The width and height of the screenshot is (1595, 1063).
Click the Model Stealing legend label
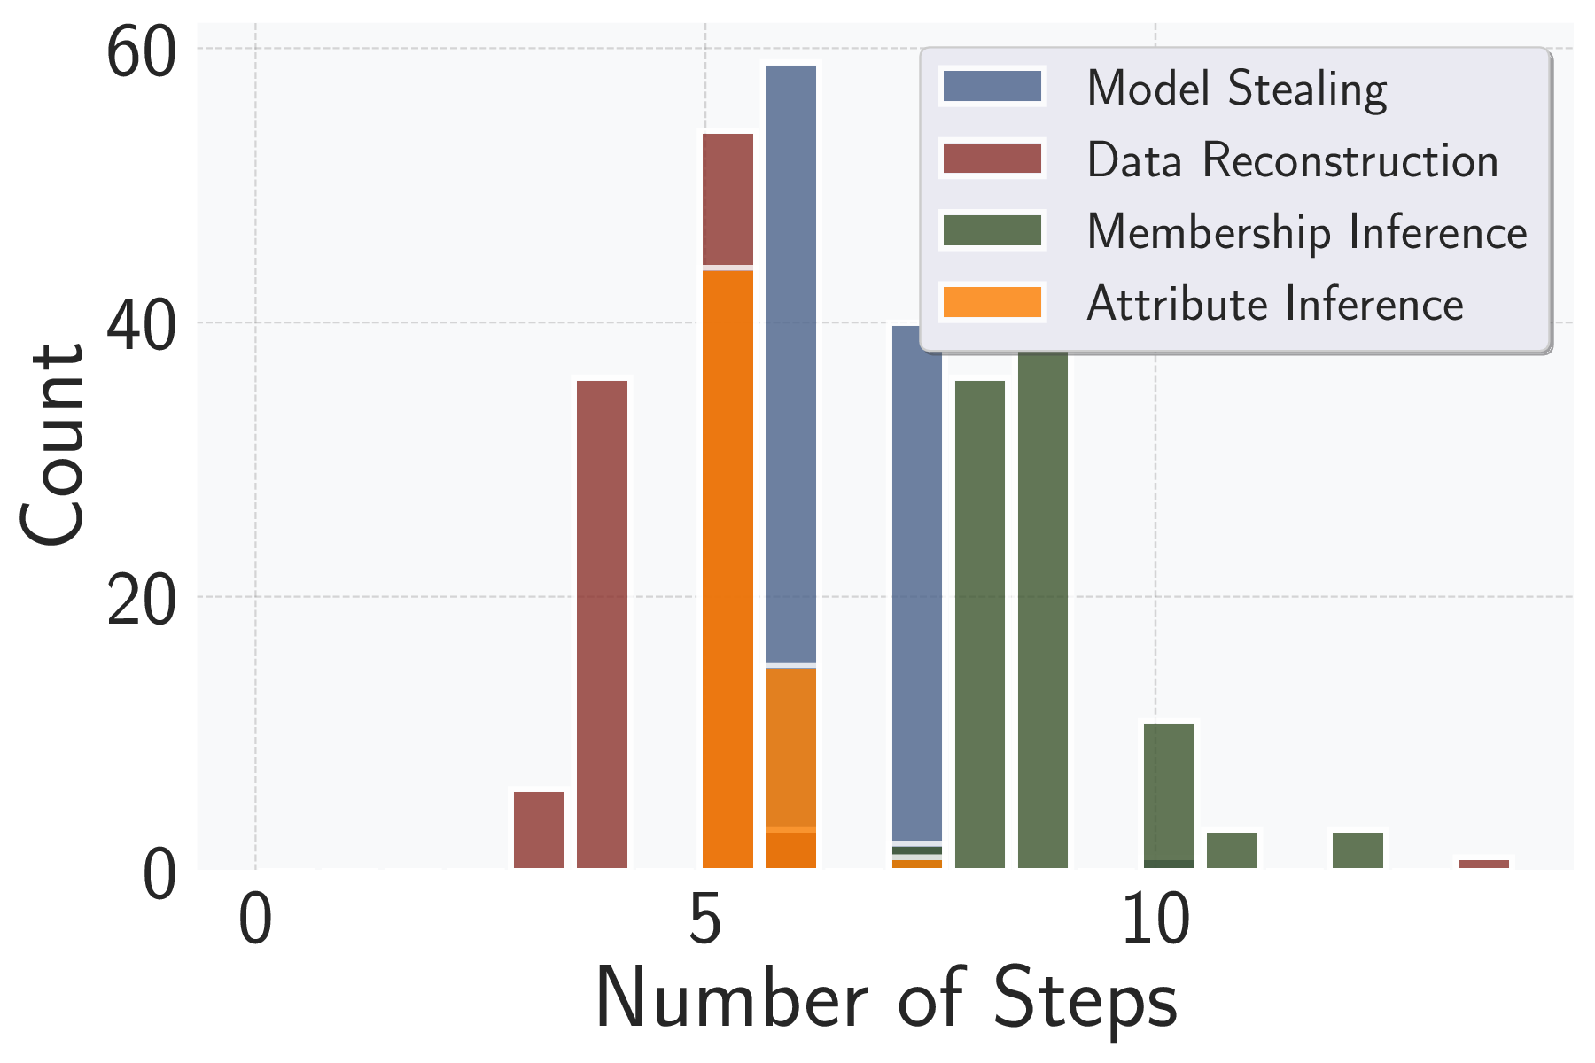(x=1236, y=89)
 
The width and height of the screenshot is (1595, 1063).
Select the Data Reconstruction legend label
(x=1292, y=160)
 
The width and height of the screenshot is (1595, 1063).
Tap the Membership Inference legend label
(x=1306, y=232)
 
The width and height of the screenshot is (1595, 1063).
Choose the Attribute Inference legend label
(x=1274, y=304)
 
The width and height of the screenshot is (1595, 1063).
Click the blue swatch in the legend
(x=992, y=87)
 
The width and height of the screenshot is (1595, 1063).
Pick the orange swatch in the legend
(x=992, y=302)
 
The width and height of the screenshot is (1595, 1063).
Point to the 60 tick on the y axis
(x=138, y=53)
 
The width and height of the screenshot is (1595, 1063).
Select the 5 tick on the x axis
(x=704, y=921)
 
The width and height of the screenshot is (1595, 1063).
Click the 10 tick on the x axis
(x=1155, y=921)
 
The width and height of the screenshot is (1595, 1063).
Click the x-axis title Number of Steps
(x=886, y=999)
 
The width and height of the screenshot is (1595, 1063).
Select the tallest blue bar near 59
(x=790, y=354)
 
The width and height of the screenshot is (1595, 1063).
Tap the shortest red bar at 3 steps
(x=539, y=830)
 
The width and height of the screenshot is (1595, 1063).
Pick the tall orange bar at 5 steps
(x=727, y=567)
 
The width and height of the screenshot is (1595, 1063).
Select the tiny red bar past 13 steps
(x=1483, y=864)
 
